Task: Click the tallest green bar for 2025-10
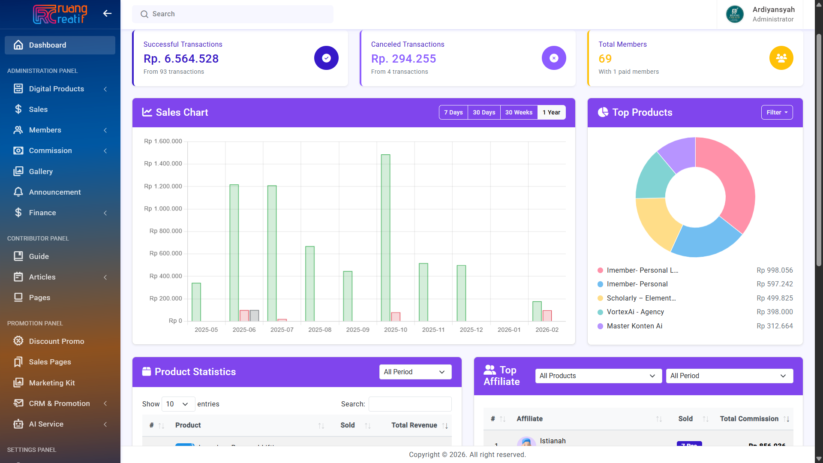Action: click(x=385, y=238)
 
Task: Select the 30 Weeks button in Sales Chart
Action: click(x=519, y=112)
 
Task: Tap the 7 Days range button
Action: click(x=453, y=112)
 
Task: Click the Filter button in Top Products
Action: click(x=777, y=112)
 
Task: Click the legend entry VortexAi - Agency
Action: click(x=635, y=312)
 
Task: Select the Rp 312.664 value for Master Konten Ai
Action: click(x=774, y=326)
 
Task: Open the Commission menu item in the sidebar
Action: click(x=51, y=151)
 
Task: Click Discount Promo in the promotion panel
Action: click(x=57, y=342)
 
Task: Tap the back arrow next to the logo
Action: click(x=107, y=14)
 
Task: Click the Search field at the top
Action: click(x=233, y=14)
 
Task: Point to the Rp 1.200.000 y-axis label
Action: click(x=163, y=186)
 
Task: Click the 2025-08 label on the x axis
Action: click(x=320, y=330)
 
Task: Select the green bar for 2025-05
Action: click(x=196, y=302)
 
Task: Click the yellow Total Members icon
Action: click(x=781, y=58)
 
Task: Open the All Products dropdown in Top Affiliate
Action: click(x=598, y=376)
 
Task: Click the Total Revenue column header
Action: click(x=414, y=425)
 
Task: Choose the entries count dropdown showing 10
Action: click(x=177, y=404)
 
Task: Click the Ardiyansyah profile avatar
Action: click(x=735, y=14)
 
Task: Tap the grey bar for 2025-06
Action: click(x=254, y=316)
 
